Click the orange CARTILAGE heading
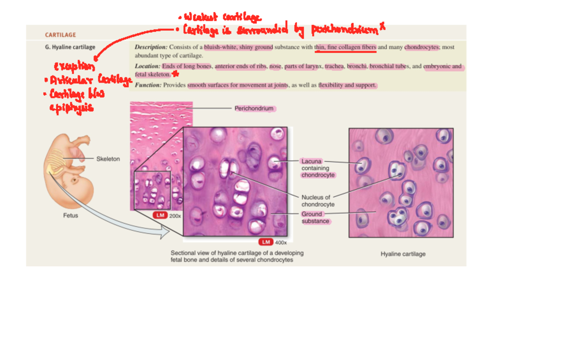click(x=60, y=35)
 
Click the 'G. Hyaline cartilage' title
click(x=70, y=47)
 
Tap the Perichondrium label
click(x=254, y=108)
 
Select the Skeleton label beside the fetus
click(x=108, y=159)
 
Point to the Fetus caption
click(x=71, y=216)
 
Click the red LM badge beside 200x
click(x=160, y=216)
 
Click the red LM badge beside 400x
click(x=265, y=242)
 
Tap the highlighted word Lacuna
click(x=312, y=161)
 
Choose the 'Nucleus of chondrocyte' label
click(x=317, y=201)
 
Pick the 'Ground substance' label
click(x=315, y=217)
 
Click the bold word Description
click(x=151, y=47)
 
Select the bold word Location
click(x=147, y=66)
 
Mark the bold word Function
click(x=148, y=85)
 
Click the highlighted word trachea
click(x=334, y=66)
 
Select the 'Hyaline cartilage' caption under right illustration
click(x=403, y=254)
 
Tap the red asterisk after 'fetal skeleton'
click(x=175, y=74)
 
